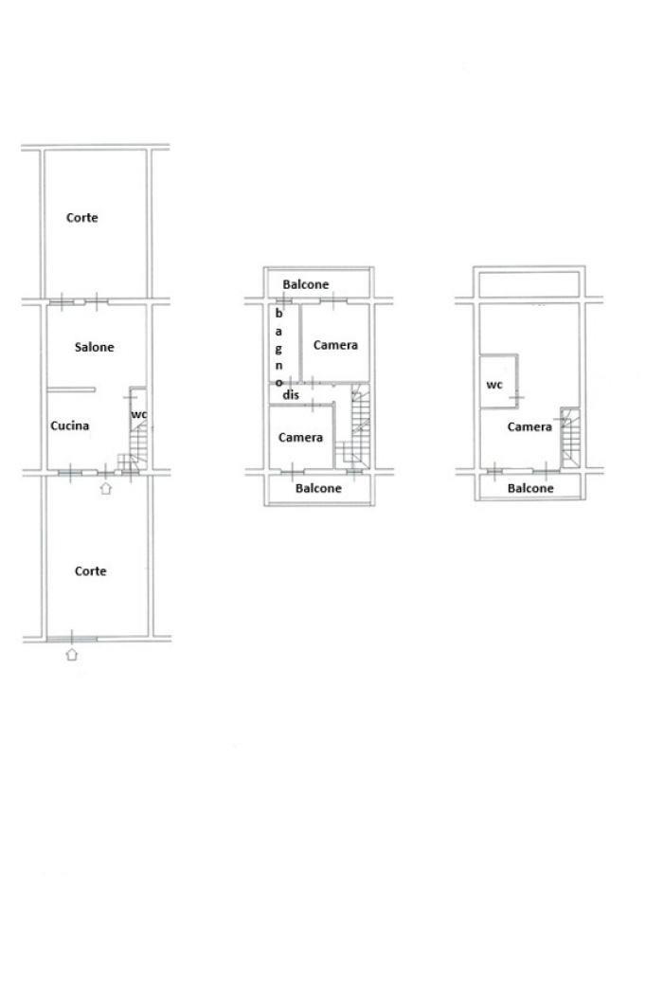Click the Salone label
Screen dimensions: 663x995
point(95,347)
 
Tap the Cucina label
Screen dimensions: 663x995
point(70,425)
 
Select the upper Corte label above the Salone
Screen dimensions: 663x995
point(82,218)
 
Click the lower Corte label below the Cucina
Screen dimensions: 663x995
point(91,571)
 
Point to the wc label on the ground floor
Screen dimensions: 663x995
point(139,415)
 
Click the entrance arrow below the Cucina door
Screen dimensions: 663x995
point(106,487)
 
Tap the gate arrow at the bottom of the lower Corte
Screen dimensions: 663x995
point(72,654)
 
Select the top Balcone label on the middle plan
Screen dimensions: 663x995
point(306,284)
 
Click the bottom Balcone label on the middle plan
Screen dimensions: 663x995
point(318,489)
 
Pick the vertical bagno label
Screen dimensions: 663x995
point(278,348)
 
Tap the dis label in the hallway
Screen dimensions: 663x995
point(291,395)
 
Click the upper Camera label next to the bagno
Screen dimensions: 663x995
point(335,345)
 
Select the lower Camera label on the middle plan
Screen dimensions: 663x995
point(301,438)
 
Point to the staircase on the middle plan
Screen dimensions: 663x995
point(353,427)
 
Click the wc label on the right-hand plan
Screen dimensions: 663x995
point(494,385)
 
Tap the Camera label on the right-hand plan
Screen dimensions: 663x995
point(529,427)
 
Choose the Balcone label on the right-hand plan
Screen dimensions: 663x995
point(530,489)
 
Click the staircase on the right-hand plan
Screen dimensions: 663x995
point(570,438)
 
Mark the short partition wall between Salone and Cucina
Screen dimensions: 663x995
point(71,389)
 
